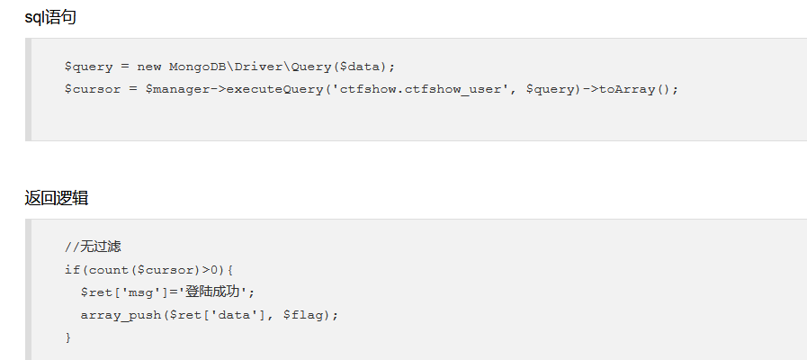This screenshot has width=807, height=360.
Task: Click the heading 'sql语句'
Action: coord(50,17)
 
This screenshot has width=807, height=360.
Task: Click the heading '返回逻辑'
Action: coord(57,198)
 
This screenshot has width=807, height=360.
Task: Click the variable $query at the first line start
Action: coord(88,67)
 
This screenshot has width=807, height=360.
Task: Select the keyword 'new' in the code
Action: coord(149,67)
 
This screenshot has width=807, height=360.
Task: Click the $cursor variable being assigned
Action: coord(93,89)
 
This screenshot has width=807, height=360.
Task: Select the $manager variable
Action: coord(177,89)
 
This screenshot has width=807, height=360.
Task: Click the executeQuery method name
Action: coord(274,90)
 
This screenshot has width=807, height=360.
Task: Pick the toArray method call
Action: coord(627,90)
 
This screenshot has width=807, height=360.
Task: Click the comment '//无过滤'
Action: coord(93,247)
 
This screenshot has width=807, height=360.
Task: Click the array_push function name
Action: coord(121,315)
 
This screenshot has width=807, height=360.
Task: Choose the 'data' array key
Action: coord(238,315)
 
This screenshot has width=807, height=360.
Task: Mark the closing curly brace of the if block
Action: coord(68,337)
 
